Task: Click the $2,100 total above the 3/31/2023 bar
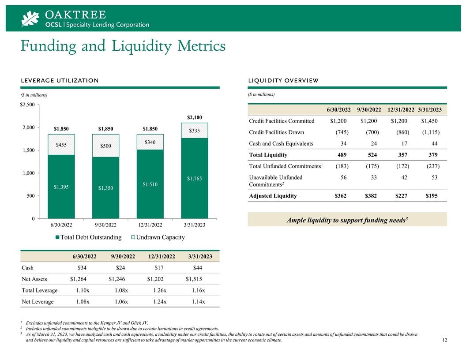click(x=194, y=117)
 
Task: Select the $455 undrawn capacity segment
click(x=61, y=145)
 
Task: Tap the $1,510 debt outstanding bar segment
click(x=150, y=184)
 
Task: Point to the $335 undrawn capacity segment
click(x=195, y=131)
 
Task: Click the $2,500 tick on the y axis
click(x=27, y=105)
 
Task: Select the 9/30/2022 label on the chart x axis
click(x=105, y=225)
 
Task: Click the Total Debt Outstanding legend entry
click(x=88, y=237)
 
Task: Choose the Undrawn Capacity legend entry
click(x=158, y=237)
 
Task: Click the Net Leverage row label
click(x=38, y=302)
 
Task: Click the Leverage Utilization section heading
click(x=60, y=80)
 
